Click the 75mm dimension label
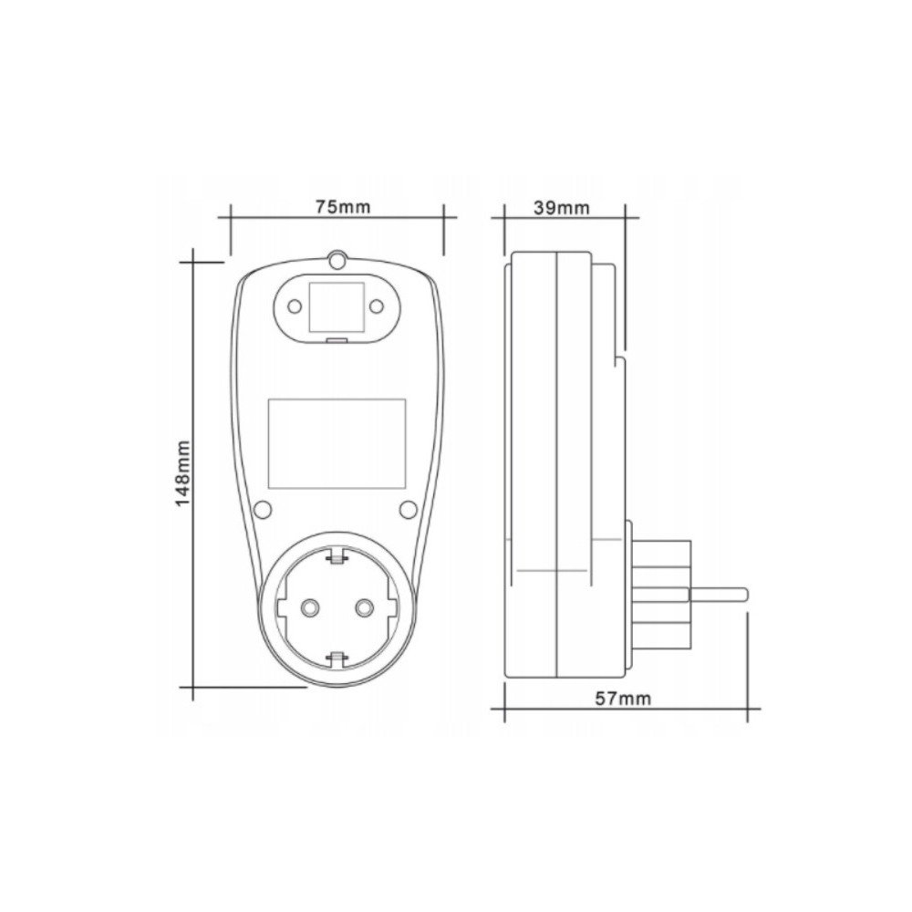pos(343,206)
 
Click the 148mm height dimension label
pos(182,472)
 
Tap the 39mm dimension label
pos(561,208)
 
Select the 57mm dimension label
pos(623,699)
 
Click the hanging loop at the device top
pos(337,260)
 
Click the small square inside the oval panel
pos(337,307)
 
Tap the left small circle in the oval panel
pos(295,306)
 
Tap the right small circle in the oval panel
pos(377,306)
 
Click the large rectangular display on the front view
pos(337,444)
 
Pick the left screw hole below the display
pos(263,510)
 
